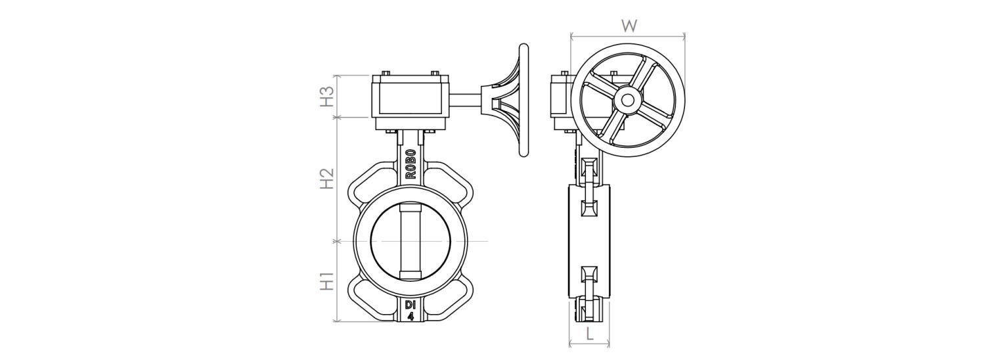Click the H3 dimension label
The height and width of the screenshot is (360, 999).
click(x=327, y=97)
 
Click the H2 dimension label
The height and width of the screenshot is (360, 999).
click(x=327, y=179)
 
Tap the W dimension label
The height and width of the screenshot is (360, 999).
click(x=629, y=26)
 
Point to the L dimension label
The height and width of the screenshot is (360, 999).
click(x=590, y=334)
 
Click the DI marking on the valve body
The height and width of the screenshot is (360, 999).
click(x=411, y=305)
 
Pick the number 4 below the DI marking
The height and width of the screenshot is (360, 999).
click(x=411, y=316)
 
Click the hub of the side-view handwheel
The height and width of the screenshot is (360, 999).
click(x=628, y=101)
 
